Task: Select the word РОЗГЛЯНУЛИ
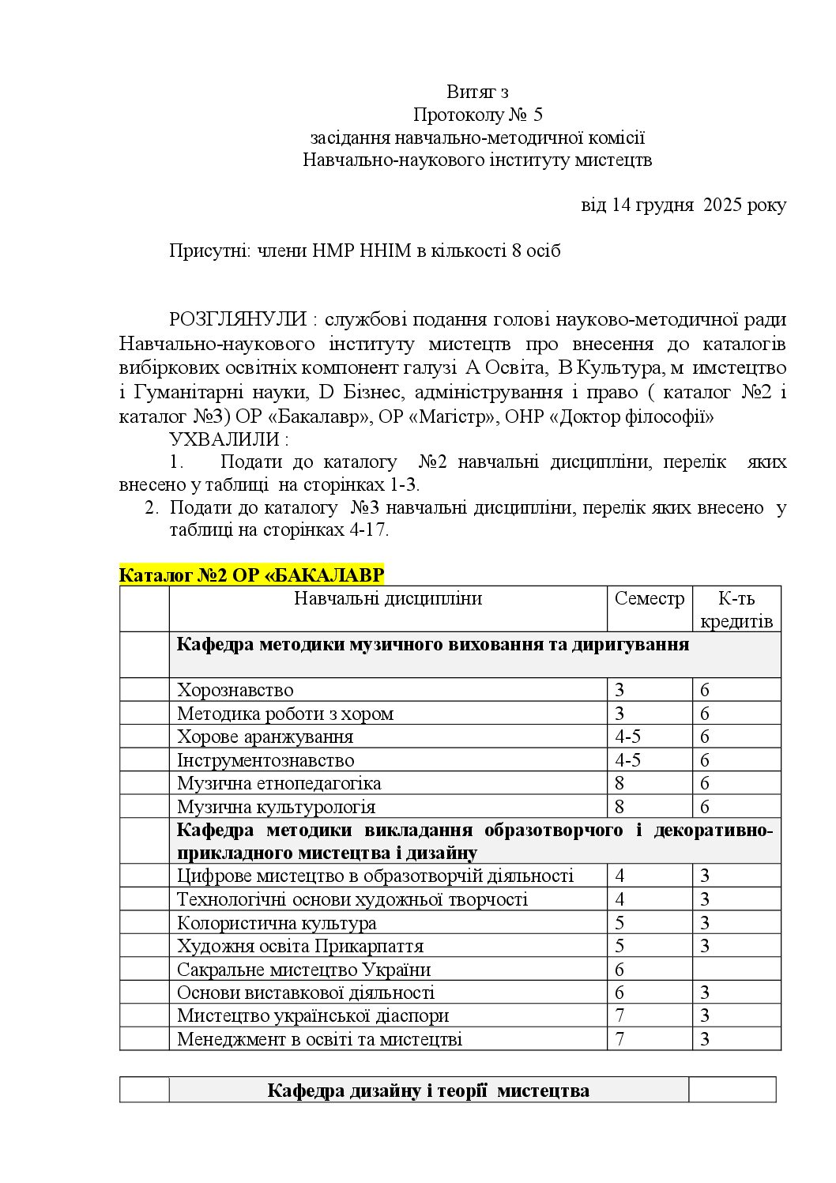click(237, 320)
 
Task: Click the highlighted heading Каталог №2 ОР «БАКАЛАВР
click(251, 575)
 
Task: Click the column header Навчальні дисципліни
click(387, 599)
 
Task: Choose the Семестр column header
click(649, 599)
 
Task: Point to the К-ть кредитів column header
click(736, 609)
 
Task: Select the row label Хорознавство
click(235, 691)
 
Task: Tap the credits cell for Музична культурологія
click(705, 807)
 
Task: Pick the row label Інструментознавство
click(265, 760)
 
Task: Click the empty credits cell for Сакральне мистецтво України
click(736, 970)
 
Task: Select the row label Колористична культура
click(277, 923)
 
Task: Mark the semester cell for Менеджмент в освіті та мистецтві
click(620, 1039)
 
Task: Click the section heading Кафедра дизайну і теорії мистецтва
click(428, 1091)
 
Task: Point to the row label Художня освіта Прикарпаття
click(300, 946)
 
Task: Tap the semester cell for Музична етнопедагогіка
click(619, 784)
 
